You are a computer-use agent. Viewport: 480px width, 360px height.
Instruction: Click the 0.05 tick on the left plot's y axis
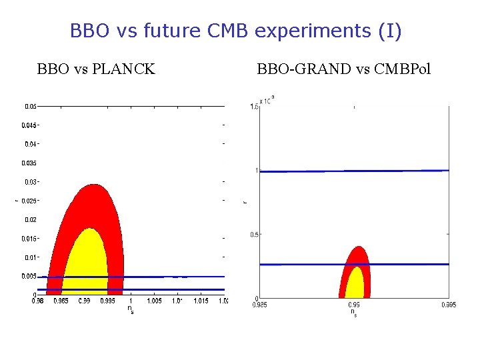pyautogui.click(x=31, y=106)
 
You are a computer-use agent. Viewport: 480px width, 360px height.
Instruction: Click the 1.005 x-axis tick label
pyautogui.click(x=154, y=301)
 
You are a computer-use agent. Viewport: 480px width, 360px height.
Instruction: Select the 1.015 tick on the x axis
pyautogui.click(x=201, y=301)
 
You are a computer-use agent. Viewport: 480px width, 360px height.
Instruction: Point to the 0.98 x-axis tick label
pyautogui.click(x=38, y=301)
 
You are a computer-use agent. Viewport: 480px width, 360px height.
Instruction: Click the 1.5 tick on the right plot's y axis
pyautogui.click(x=253, y=107)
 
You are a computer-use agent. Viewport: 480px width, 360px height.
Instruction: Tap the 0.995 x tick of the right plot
pyautogui.click(x=447, y=305)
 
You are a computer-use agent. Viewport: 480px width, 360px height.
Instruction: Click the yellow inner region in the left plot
pyautogui.click(x=85, y=267)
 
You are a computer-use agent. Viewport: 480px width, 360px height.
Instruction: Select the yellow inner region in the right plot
pyautogui.click(x=355, y=285)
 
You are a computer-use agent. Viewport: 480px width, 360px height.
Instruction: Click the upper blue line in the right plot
pyautogui.click(x=353, y=171)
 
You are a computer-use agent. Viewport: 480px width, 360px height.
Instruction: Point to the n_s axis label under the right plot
pyautogui.click(x=354, y=312)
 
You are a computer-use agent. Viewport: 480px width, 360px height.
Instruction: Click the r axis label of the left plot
pyautogui.click(x=17, y=199)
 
